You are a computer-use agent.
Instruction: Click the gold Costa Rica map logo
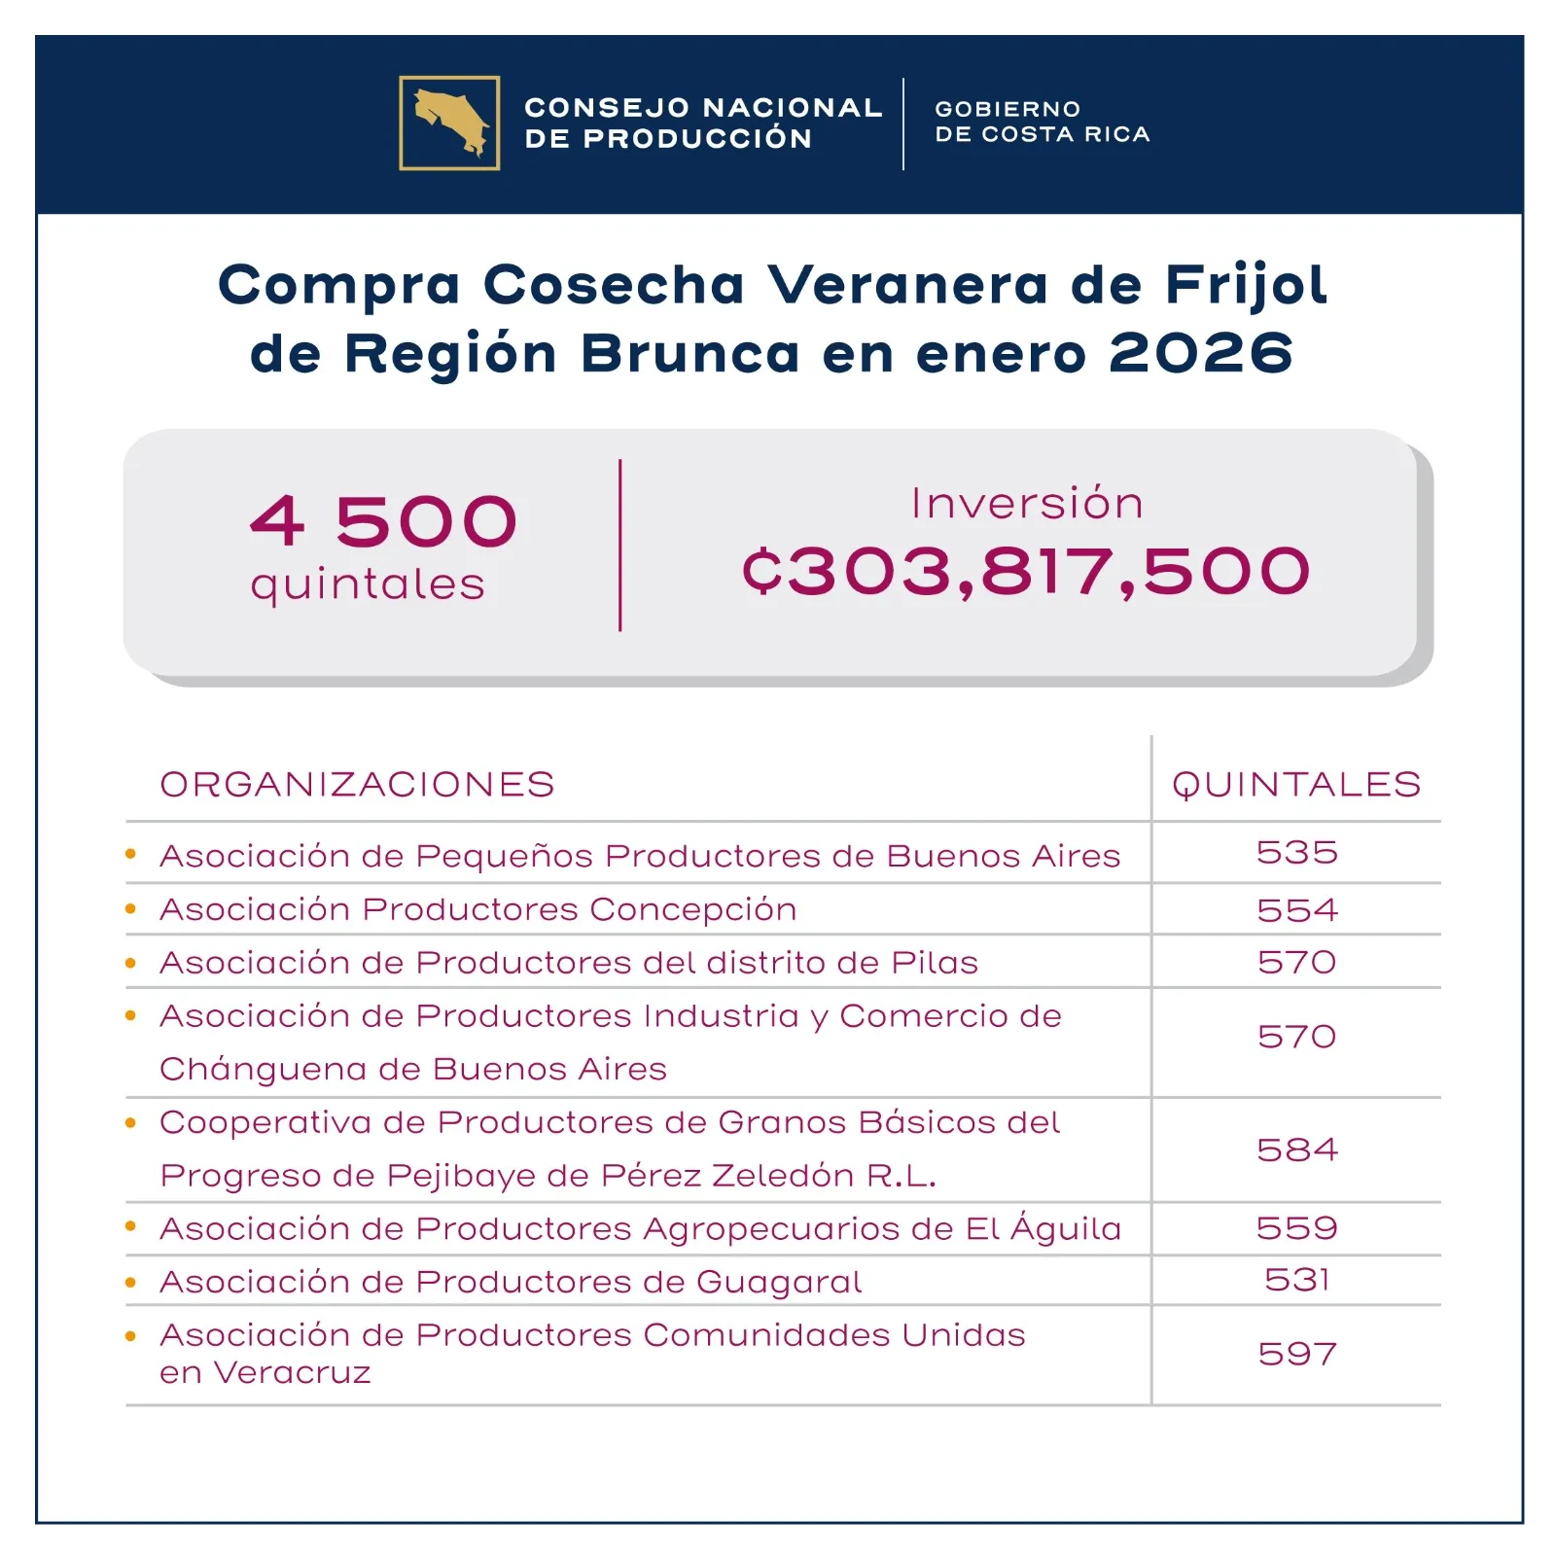pyautogui.click(x=449, y=123)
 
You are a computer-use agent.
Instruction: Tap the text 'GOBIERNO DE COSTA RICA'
pyautogui.click(x=1042, y=122)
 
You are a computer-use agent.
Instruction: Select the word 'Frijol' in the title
pyautogui.click(x=1246, y=285)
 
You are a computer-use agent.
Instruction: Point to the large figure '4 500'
pyautogui.click(x=383, y=521)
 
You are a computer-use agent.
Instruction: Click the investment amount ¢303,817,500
pyautogui.click(x=1026, y=571)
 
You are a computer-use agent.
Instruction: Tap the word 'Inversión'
pyautogui.click(x=1027, y=503)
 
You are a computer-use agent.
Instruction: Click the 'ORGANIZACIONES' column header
pyautogui.click(x=357, y=784)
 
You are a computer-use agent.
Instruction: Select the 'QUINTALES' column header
pyautogui.click(x=1296, y=784)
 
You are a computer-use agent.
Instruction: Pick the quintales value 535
pyautogui.click(x=1296, y=852)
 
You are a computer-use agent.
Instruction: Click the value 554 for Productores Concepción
pyautogui.click(x=1296, y=910)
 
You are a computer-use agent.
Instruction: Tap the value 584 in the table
pyautogui.click(x=1296, y=1149)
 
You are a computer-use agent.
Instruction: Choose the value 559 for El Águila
pyautogui.click(x=1296, y=1227)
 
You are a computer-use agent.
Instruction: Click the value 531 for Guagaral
pyautogui.click(x=1296, y=1279)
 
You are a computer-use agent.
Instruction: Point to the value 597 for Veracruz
pyautogui.click(x=1296, y=1354)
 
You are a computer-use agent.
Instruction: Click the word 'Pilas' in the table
pyautogui.click(x=935, y=962)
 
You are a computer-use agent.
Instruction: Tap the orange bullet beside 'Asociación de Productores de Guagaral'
pyautogui.click(x=130, y=1283)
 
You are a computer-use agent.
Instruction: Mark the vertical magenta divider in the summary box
pyautogui.click(x=619, y=546)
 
